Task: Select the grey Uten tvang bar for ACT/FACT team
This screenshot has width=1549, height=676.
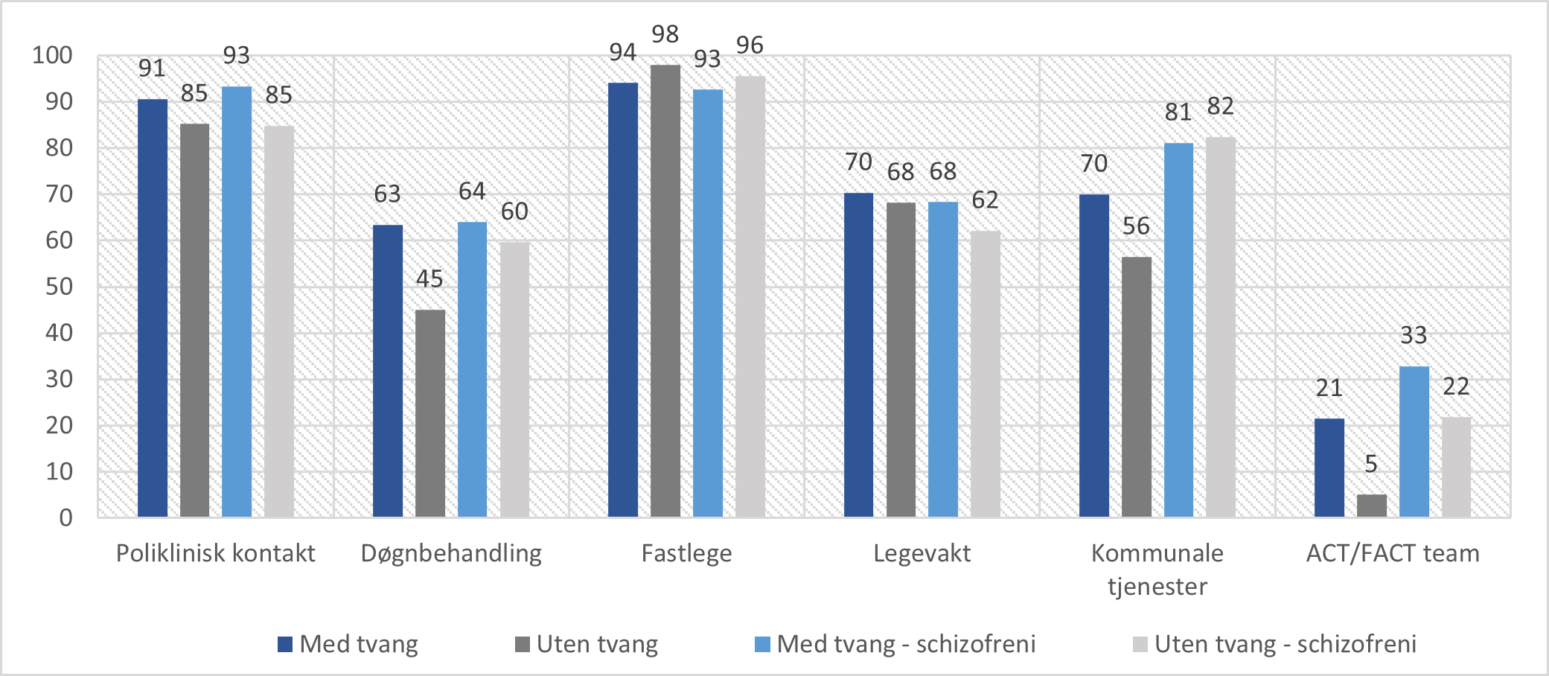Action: pos(1371,506)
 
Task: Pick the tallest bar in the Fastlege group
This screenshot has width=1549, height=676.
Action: pos(665,291)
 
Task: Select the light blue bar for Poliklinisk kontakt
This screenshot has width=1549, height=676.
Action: pos(237,302)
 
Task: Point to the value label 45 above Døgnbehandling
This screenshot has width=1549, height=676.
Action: pos(429,279)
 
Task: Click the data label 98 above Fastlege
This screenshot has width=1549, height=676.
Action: pos(665,34)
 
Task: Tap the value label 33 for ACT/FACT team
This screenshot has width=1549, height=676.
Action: pos(1414,336)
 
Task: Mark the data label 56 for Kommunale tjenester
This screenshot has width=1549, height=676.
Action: pos(1136,226)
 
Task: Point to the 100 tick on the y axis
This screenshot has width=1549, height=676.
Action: pos(52,55)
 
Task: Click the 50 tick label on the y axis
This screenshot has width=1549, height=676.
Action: pos(59,287)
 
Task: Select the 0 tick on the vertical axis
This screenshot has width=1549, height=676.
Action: pos(66,517)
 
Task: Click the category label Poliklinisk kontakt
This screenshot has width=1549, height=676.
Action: pos(215,553)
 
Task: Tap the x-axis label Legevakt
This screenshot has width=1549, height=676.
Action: pos(922,553)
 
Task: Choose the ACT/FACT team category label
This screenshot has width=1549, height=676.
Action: pos(1392,553)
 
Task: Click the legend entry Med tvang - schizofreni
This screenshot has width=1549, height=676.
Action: pos(905,644)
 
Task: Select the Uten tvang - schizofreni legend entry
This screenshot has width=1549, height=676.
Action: pos(1285,644)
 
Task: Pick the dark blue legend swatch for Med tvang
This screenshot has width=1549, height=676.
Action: pos(284,644)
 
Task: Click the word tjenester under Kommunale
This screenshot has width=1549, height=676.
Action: pos(1157,587)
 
